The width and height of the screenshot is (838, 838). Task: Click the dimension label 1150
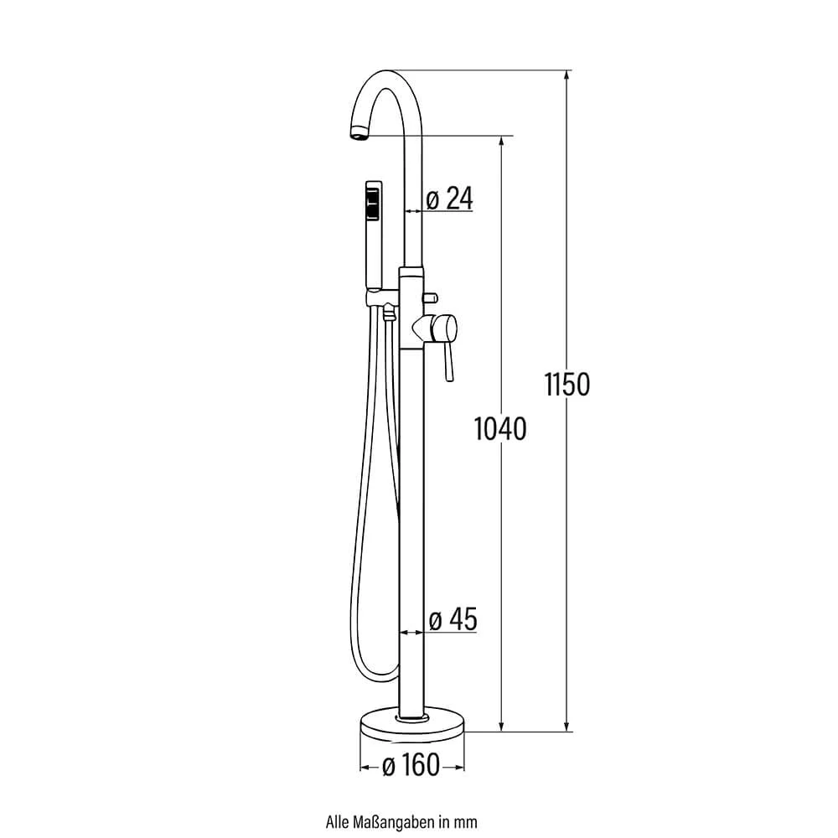tap(567, 384)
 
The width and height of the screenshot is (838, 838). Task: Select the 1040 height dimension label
tap(500, 428)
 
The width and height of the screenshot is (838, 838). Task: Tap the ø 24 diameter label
tap(449, 199)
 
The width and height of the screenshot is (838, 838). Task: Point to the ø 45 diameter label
tap(453, 619)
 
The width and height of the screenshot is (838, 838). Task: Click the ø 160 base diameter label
tap(411, 765)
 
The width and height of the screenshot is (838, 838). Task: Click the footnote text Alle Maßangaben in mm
tap(401, 821)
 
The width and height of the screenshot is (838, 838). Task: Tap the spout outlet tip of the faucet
tap(360, 133)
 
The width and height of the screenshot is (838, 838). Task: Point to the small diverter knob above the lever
tap(430, 297)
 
